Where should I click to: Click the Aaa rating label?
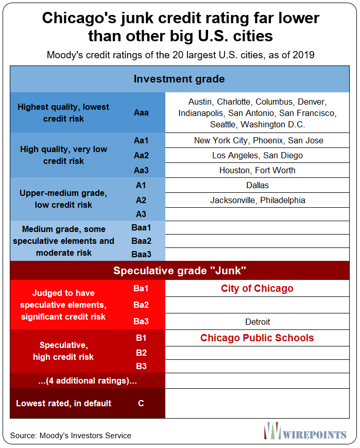pos(141,112)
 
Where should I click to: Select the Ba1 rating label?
pos(141,289)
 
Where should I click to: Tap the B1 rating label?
pos(141,338)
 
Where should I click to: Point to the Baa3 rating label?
pos(141,254)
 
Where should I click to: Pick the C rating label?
pos(141,403)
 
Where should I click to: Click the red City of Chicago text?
pos(257,289)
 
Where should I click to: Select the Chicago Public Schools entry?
pos(257,338)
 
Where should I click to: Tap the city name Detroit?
pos(258,322)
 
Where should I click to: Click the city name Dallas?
pos(258,185)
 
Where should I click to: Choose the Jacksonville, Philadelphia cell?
pos(258,200)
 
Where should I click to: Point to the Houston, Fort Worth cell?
pos(258,170)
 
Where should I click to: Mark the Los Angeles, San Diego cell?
pos(258,155)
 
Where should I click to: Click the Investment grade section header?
pos(179,79)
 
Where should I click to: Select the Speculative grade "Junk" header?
pos(179,271)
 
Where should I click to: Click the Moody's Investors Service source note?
pos(71,436)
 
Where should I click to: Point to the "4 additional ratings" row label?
pos(87,381)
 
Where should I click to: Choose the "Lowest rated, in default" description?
pos(63,403)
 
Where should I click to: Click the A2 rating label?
pos(141,200)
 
